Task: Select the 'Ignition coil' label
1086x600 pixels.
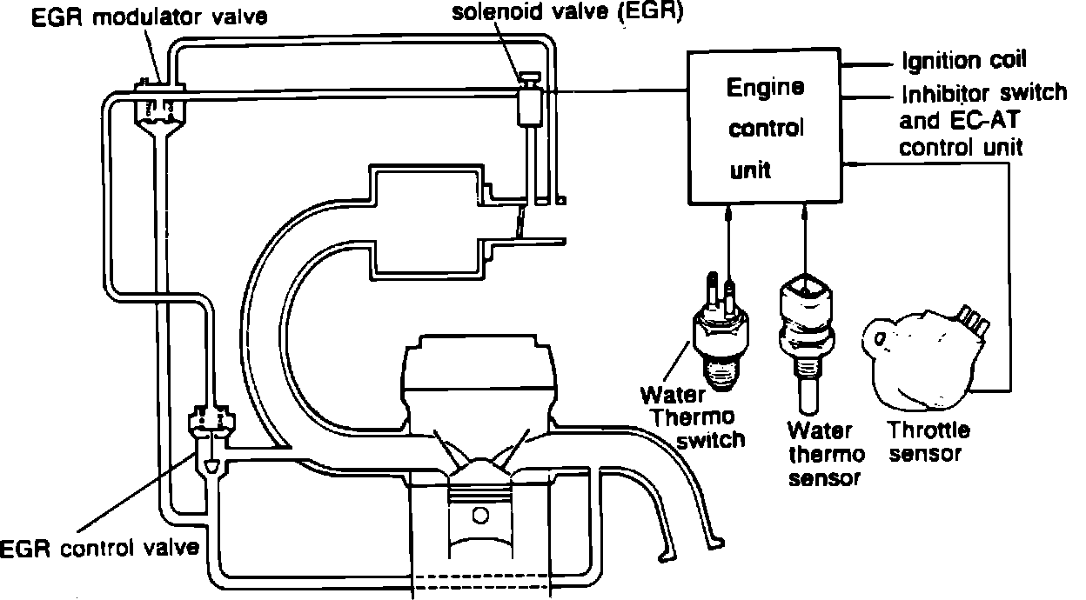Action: [x=964, y=60]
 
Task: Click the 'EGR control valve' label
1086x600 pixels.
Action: [x=101, y=549]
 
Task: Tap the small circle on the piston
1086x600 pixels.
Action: [x=479, y=515]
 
